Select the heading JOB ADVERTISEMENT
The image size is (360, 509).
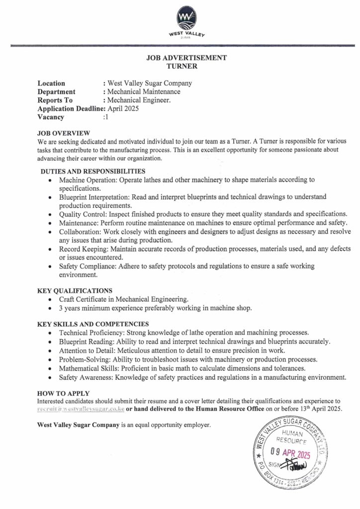186,58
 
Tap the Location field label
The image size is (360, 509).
51,84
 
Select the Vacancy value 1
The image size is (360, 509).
106,117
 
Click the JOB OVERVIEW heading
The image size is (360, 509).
64,133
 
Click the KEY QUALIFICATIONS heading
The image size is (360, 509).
75,291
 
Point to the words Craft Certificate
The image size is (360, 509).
83,299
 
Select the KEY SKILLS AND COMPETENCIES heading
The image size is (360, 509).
93,324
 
